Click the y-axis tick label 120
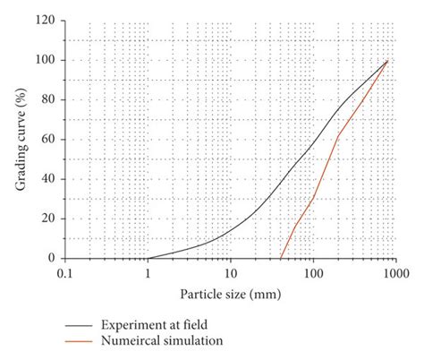(x=45, y=20)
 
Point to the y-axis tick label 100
(x=45, y=60)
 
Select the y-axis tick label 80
(x=47, y=99)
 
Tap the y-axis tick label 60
(x=47, y=139)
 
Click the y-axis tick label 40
(x=47, y=178)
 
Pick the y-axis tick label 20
(x=47, y=218)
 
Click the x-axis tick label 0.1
(x=64, y=272)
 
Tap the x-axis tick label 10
(x=230, y=272)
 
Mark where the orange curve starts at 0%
(x=281, y=258)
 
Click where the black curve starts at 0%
(x=148, y=258)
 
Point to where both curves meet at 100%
(x=387, y=61)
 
